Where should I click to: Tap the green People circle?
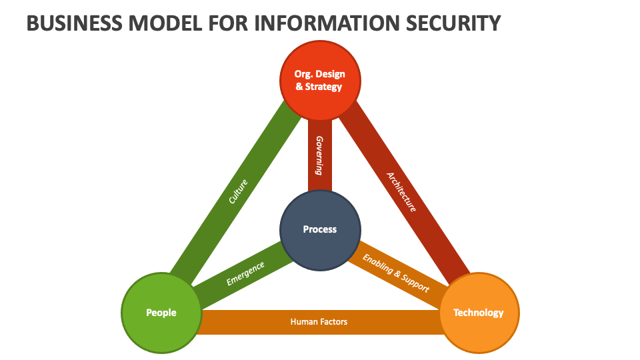tap(161, 312)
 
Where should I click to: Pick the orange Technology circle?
tap(479, 312)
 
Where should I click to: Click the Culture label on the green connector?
tap(238, 191)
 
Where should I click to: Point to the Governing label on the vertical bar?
tap(319, 155)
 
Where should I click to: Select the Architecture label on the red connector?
tap(402, 192)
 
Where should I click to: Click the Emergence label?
tap(245, 273)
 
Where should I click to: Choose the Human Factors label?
tap(319, 322)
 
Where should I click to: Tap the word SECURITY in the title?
tap(455, 24)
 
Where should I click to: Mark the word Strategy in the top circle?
tap(324, 87)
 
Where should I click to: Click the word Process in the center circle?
tap(320, 229)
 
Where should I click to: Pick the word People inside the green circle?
tap(161, 312)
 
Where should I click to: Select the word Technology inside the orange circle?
tap(479, 312)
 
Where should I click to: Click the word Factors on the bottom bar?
tap(333, 322)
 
